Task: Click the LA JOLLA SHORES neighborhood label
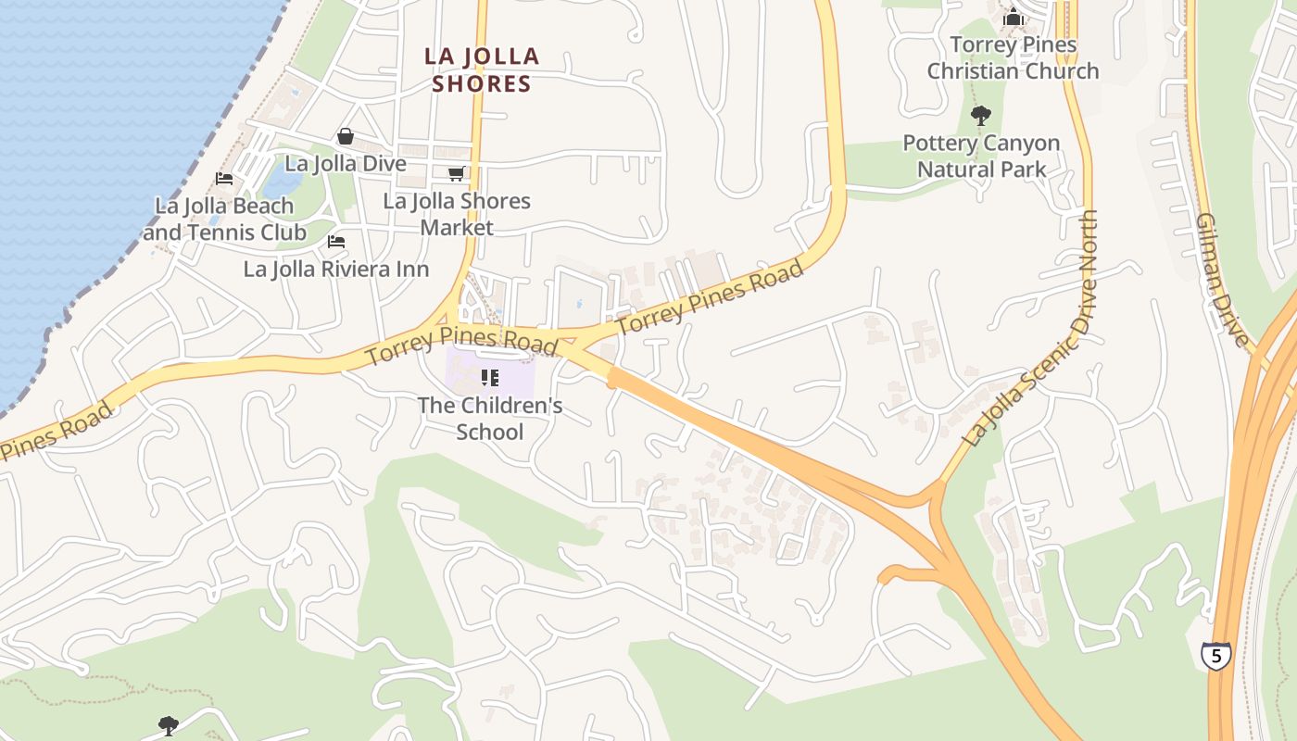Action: pos(482,69)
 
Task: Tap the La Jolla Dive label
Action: pos(345,164)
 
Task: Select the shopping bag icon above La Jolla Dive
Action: pos(346,137)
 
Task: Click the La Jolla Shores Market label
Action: pos(457,214)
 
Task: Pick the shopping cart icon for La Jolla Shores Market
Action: pos(456,174)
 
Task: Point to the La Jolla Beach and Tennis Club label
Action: pos(224,219)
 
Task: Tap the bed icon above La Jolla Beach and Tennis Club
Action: pos(223,179)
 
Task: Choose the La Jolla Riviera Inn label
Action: pos(336,270)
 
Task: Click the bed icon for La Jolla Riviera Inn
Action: pos(336,242)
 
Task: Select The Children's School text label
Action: pos(490,419)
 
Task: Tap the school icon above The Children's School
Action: pos(490,378)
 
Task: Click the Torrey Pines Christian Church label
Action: pos(1013,57)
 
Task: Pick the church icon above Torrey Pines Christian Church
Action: pos(1014,18)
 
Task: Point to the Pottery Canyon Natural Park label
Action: pos(981,157)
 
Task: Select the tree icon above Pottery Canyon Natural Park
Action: pos(980,116)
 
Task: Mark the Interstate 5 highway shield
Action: pos(1215,656)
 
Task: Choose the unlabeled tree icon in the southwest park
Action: pos(168,725)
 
